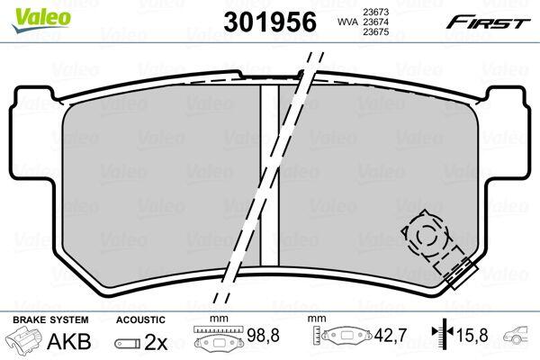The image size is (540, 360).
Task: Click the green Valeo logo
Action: point(41,19)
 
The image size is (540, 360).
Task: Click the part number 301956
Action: point(270,22)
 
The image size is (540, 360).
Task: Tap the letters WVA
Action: point(346,22)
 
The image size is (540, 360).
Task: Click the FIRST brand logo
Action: point(488,22)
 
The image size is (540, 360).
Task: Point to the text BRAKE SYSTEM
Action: point(50,319)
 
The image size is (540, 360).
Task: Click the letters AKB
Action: point(68,341)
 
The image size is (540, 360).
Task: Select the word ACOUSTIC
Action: point(140,319)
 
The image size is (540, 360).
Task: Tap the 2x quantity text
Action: point(156,342)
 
